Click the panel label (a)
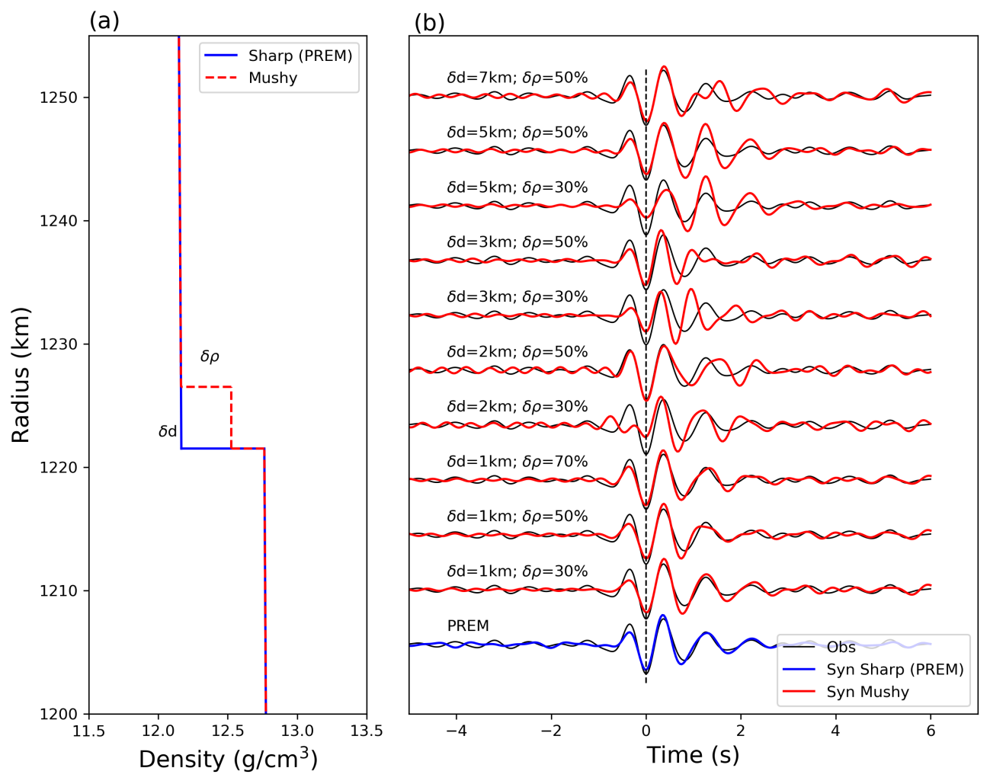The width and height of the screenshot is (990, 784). pyautogui.click(x=104, y=21)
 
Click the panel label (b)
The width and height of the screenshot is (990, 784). pyautogui.click(x=429, y=23)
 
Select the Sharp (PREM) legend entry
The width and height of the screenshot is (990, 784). pyautogui.click(x=300, y=56)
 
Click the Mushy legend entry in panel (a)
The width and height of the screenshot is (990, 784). pyautogui.click(x=272, y=78)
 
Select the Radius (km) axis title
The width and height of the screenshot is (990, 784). pyautogui.click(x=21, y=374)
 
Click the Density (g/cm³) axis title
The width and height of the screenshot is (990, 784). pyautogui.click(x=228, y=759)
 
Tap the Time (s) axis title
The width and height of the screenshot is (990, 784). pyautogui.click(x=693, y=755)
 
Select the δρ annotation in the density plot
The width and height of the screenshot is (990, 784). pyautogui.click(x=210, y=357)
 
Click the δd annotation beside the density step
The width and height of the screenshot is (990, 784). pyautogui.click(x=168, y=432)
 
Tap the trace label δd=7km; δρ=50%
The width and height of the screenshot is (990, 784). pyautogui.click(x=517, y=78)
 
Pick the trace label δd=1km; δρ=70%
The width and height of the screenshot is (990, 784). pyautogui.click(x=517, y=462)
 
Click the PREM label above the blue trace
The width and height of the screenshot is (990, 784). pyautogui.click(x=468, y=626)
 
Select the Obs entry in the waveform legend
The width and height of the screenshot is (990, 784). pyautogui.click(x=841, y=648)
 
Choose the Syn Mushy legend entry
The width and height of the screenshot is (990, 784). pyautogui.click(x=867, y=692)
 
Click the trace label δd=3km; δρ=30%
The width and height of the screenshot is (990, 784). pyautogui.click(x=517, y=297)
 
